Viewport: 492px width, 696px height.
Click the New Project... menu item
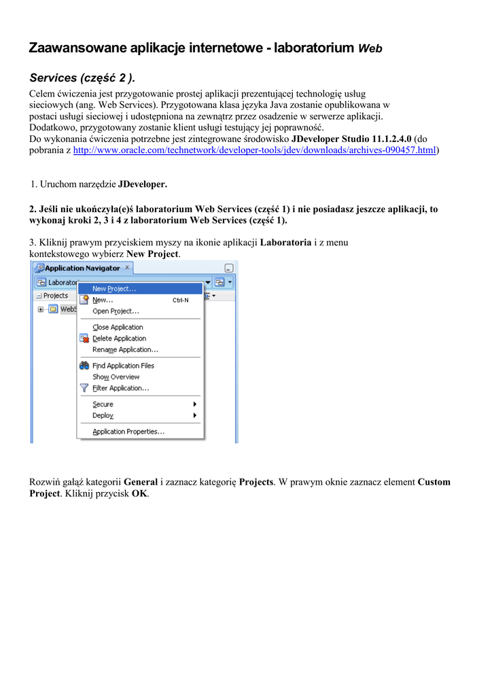(114, 289)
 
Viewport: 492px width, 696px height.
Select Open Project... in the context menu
(116, 311)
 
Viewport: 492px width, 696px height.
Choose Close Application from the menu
(118, 328)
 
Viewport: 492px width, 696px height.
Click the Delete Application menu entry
(119, 338)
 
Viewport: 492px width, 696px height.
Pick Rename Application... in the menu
(125, 349)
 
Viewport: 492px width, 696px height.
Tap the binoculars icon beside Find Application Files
(84, 366)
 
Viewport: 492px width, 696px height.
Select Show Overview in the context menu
(116, 377)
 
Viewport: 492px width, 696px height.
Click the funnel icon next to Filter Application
(84, 388)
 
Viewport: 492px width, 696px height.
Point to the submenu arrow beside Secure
(195, 404)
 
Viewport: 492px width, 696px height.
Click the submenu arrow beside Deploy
(195, 415)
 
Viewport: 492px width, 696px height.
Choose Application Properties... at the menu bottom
(128, 432)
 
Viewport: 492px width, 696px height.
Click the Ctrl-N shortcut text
(181, 300)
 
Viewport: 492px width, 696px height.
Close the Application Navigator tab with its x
(127, 268)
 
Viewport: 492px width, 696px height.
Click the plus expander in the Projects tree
(41, 309)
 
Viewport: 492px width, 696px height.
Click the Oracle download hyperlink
(254, 150)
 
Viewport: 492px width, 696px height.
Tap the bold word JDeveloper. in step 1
(142, 184)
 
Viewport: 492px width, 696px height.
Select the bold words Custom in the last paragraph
(434, 482)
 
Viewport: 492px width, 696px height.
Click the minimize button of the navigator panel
(229, 268)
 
